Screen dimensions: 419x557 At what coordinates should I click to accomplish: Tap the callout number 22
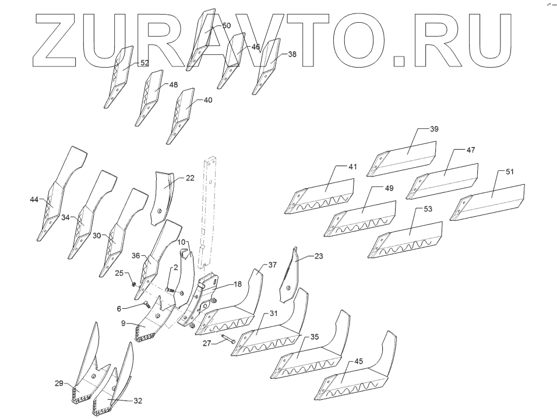190,178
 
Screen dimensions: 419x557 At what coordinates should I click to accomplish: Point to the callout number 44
34,200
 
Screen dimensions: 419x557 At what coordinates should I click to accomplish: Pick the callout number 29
59,383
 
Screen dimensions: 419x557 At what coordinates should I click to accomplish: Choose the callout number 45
358,361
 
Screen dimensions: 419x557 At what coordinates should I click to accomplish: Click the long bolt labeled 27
227,340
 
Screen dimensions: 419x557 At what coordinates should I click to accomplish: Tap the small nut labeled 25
133,284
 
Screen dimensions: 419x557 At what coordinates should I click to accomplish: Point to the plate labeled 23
291,277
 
